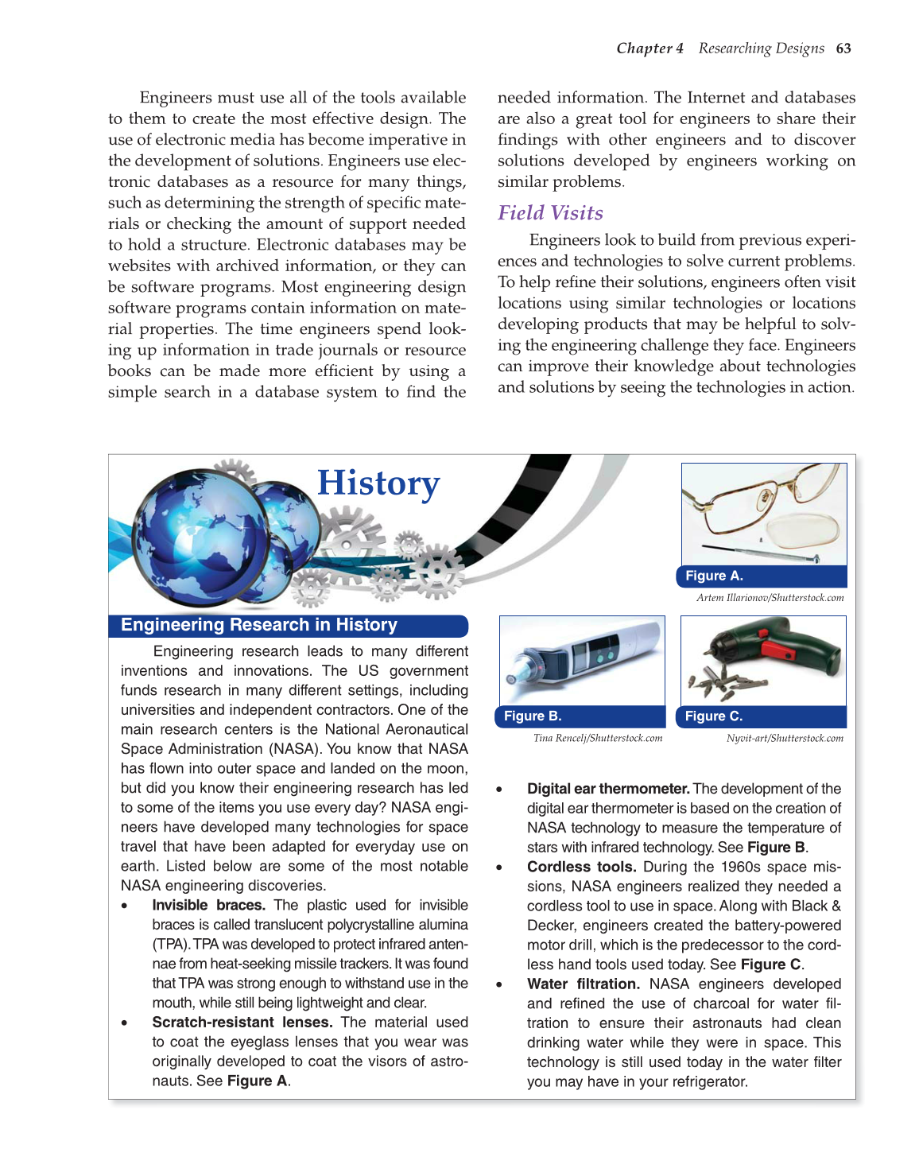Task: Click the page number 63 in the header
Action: pyautogui.click(x=843, y=49)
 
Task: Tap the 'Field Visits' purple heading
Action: pyautogui.click(x=550, y=213)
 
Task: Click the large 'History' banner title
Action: pyautogui.click(x=378, y=483)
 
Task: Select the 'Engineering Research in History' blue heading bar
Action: pyautogui.click(x=259, y=625)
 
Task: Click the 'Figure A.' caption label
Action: pyautogui.click(x=714, y=576)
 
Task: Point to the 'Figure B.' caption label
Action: pyautogui.click(x=533, y=716)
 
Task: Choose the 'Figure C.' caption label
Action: pyautogui.click(x=714, y=716)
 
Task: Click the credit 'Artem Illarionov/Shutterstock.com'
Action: pyautogui.click(x=770, y=598)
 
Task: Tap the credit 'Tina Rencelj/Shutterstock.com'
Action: pyautogui.click(x=598, y=739)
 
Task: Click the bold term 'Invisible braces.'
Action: pyautogui.click(x=208, y=905)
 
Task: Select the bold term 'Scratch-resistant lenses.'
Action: pyautogui.click(x=242, y=1023)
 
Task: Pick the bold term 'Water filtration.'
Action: pyautogui.click(x=583, y=984)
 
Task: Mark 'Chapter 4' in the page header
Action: pyautogui.click(x=650, y=49)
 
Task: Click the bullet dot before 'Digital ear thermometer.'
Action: pyautogui.click(x=499, y=790)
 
